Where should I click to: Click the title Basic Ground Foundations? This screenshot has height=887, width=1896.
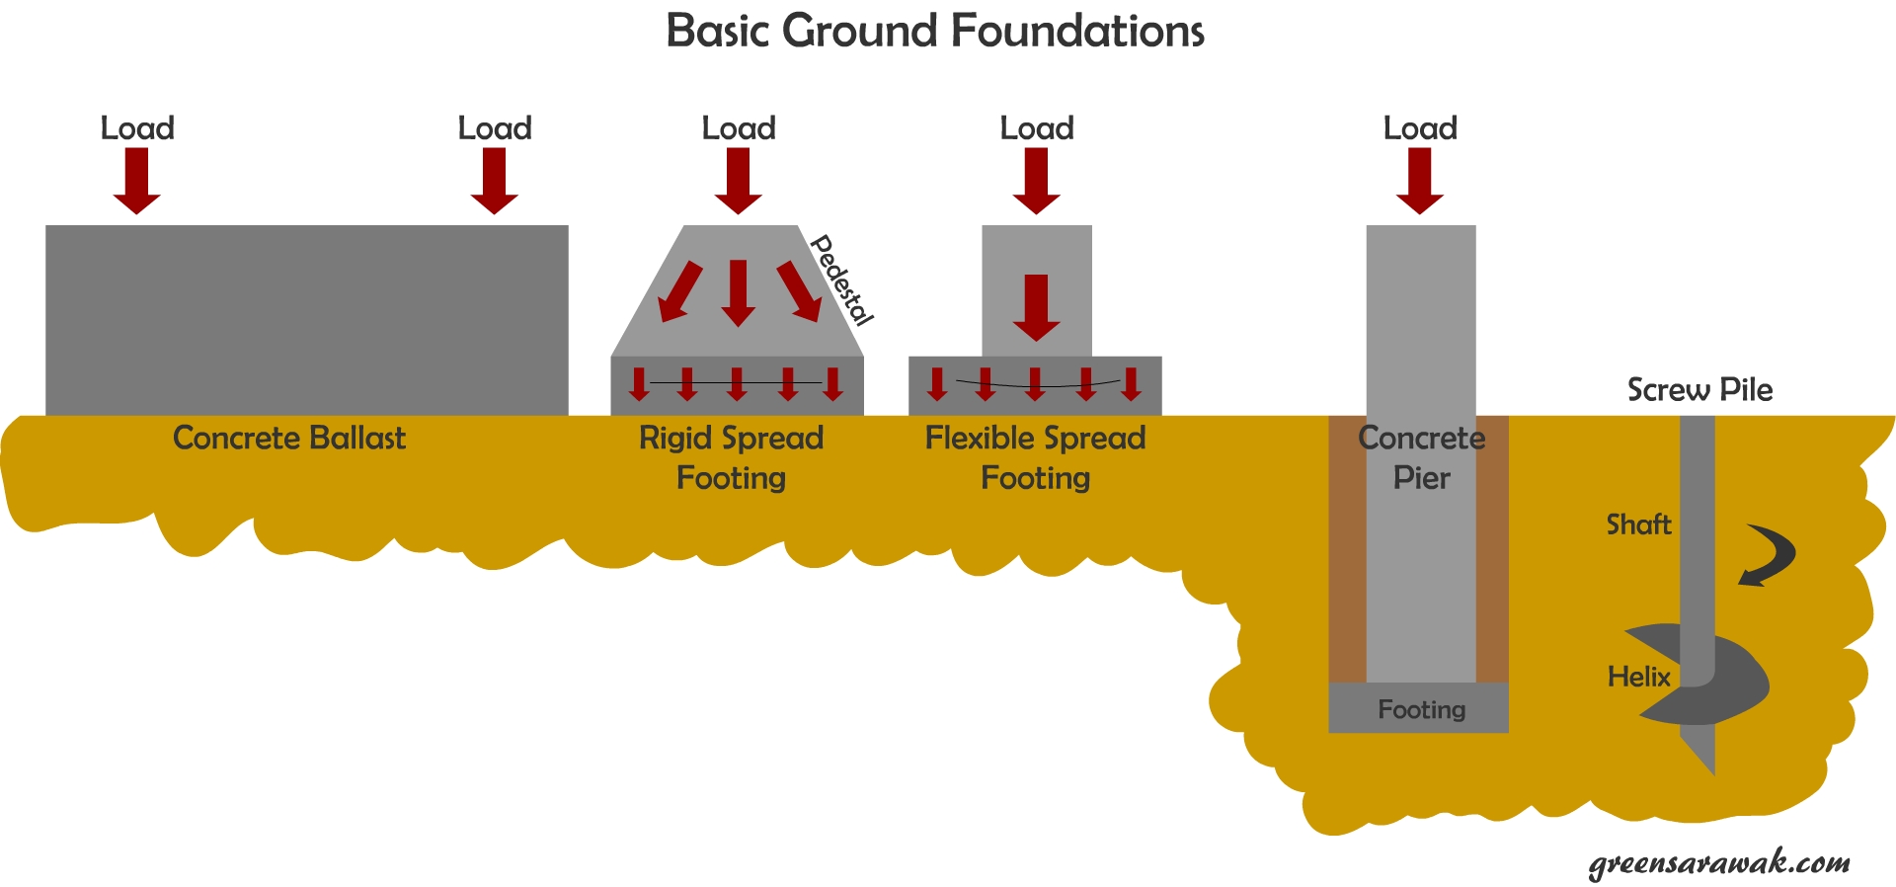pyautogui.click(x=934, y=32)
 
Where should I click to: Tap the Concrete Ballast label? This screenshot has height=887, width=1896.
pyautogui.click(x=288, y=438)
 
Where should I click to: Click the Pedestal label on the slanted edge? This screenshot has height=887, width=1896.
pyautogui.click(x=841, y=281)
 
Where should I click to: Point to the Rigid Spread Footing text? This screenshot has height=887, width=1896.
pyautogui.click(x=731, y=457)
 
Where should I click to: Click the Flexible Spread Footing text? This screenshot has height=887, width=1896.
pyautogui.click(x=1035, y=457)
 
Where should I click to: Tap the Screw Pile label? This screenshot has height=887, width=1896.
pyautogui.click(x=1699, y=390)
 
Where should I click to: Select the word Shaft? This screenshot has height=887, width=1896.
pyautogui.click(x=1638, y=524)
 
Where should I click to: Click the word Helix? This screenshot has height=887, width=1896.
pyautogui.click(x=1638, y=677)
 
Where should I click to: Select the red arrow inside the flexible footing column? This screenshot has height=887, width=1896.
pyautogui.click(x=1036, y=308)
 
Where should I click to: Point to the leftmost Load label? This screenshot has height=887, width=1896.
pyautogui.click(x=137, y=128)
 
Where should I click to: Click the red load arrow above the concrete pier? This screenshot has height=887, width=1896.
pyautogui.click(x=1420, y=181)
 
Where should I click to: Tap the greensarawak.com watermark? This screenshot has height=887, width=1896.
pyautogui.click(x=1719, y=862)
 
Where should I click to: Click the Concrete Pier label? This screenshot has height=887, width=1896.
pyautogui.click(x=1421, y=457)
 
